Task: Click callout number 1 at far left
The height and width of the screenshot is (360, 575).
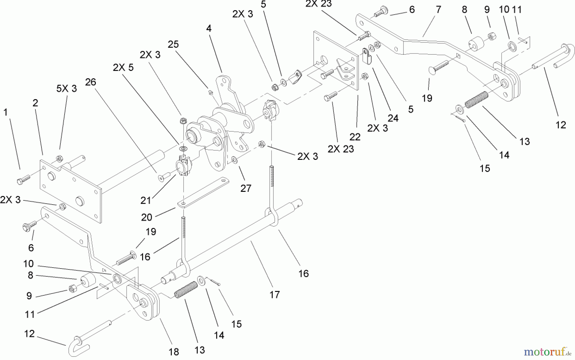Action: pyautogui.click(x=5, y=112)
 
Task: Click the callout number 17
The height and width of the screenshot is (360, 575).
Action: pyautogui.click(x=274, y=294)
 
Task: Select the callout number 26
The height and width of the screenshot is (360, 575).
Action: pyautogui.click(x=90, y=82)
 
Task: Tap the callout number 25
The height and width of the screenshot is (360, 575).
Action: pyautogui.click(x=173, y=44)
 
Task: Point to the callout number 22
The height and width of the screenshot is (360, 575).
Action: pyautogui.click(x=355, y=137)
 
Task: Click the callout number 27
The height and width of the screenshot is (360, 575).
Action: pyautogui.click(x=246, y=188)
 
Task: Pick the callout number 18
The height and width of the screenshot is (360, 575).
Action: pyautogui.click(x=174, y=352)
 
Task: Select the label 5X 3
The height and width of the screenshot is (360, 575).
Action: pyautogui.click(x=66, y=89)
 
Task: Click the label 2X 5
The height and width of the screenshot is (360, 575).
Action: pyautogui.click(x=123, y=68)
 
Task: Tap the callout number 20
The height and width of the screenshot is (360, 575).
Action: pyautogui.click(x=147, y=217)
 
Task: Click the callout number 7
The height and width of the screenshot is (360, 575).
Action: pyautogui.click(x=438, y=10)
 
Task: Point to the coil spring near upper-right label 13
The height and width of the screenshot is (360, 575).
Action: pyautogui.click(x=476, y=99)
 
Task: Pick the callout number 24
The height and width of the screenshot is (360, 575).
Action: pyautogui.click(x=393, y=118)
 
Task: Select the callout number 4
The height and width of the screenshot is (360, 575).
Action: pyautogui.click(x=209, y=28)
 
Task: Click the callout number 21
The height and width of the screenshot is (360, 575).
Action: pyautogui.click(x=145, y=200)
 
